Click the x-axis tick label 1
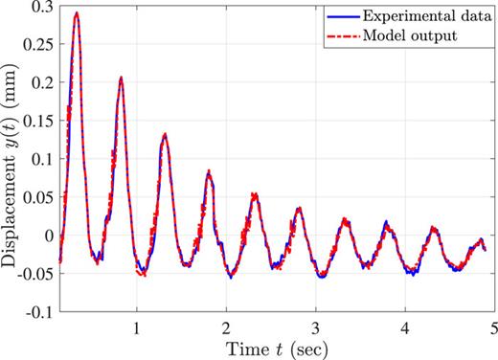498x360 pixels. point(136,326)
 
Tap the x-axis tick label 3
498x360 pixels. point(316,326)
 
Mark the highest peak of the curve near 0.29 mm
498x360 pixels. point(76,13)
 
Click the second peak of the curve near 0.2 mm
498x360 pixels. point(121,78)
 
